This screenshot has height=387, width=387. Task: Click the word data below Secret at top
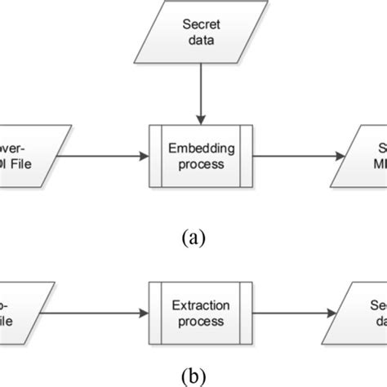pos(193,40)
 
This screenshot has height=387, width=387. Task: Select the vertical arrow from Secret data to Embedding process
pos(193,90)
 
